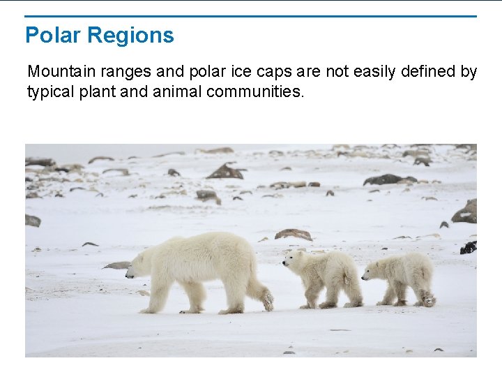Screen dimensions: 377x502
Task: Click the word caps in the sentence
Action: [256, 73]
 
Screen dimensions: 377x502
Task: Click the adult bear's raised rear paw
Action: [267, 301]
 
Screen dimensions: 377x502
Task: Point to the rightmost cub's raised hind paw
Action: [428, 300]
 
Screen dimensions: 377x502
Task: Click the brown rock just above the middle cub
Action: [294, 235]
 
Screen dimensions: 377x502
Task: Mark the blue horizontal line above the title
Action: [251, 16]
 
